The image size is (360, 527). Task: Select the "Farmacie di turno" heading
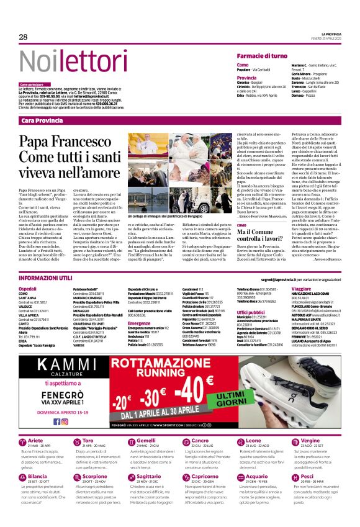click(261, 56)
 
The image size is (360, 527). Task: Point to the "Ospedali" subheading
click(27, 289)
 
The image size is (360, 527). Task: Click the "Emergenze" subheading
click(140, 323)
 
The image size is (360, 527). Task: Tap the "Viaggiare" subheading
click(301, 289)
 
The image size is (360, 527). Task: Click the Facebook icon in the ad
click(56, 421)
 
